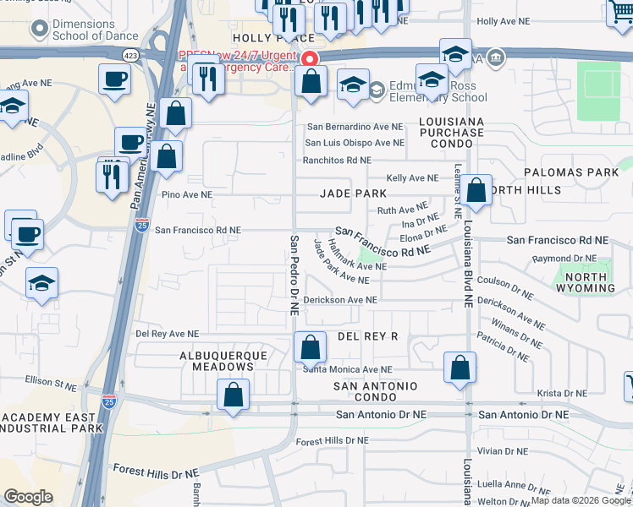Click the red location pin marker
pos(310,59)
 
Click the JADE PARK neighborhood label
pos(353,194)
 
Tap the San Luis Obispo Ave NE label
pos(355,143)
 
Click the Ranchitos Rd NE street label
pos(338,160)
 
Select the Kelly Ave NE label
pos(412,178)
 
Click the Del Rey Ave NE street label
pos(167,334)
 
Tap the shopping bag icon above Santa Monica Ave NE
pos(311,346)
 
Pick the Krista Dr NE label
pos(562,394)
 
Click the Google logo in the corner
pos(28,497)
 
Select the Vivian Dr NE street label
pos(502,451)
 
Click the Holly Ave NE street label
pos(504,20)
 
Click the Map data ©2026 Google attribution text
pos(580,500)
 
